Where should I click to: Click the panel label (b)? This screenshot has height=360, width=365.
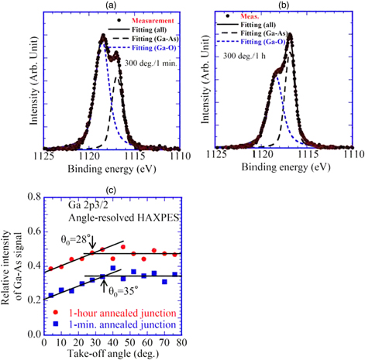[281, 5]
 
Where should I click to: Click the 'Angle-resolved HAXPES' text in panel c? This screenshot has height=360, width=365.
[100, 218]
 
